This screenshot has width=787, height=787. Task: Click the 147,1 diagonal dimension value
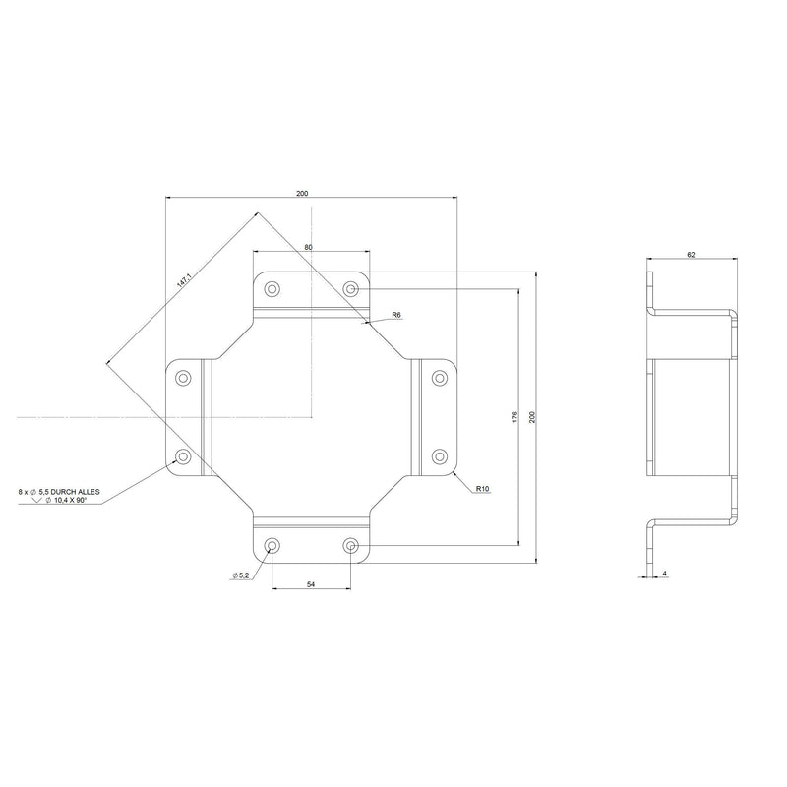185,280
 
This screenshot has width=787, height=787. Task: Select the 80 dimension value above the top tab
308,247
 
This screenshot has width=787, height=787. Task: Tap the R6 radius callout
396,315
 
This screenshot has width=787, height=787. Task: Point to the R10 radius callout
482,488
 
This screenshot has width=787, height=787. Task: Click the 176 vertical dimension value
515,416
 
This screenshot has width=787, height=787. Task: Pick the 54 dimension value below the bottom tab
311,584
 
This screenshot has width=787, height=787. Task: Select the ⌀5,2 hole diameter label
240,575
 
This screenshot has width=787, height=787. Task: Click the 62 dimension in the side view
691,255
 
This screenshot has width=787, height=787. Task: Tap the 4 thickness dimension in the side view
665,573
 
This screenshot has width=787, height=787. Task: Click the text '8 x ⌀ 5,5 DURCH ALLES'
59,492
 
